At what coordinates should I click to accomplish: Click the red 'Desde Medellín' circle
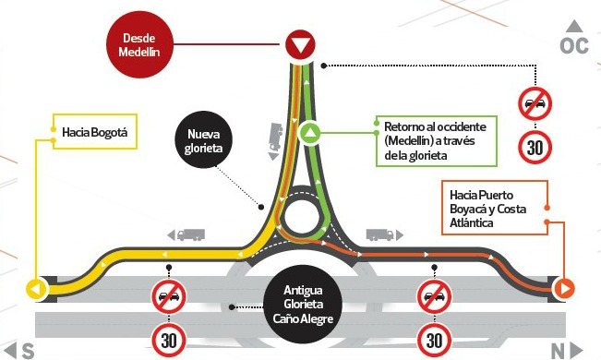139,44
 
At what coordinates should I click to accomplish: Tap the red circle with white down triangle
300,45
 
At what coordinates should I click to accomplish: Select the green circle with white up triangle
310,133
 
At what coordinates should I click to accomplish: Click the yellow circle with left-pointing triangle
36,289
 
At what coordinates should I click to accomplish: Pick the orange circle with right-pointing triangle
563,288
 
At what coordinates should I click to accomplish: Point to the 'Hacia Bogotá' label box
95,131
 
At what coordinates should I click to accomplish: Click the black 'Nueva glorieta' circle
203,139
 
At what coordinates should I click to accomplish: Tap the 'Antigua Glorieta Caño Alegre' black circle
303,304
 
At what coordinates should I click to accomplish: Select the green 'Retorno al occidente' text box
436,140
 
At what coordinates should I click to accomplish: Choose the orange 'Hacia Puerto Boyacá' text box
495,208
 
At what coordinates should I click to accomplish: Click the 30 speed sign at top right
535,147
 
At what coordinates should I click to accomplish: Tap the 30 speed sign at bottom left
169,340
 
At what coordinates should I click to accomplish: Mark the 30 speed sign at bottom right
434,340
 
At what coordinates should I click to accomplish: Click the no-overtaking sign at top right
535,103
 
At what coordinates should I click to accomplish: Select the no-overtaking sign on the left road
169,296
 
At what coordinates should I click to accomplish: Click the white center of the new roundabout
302,217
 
